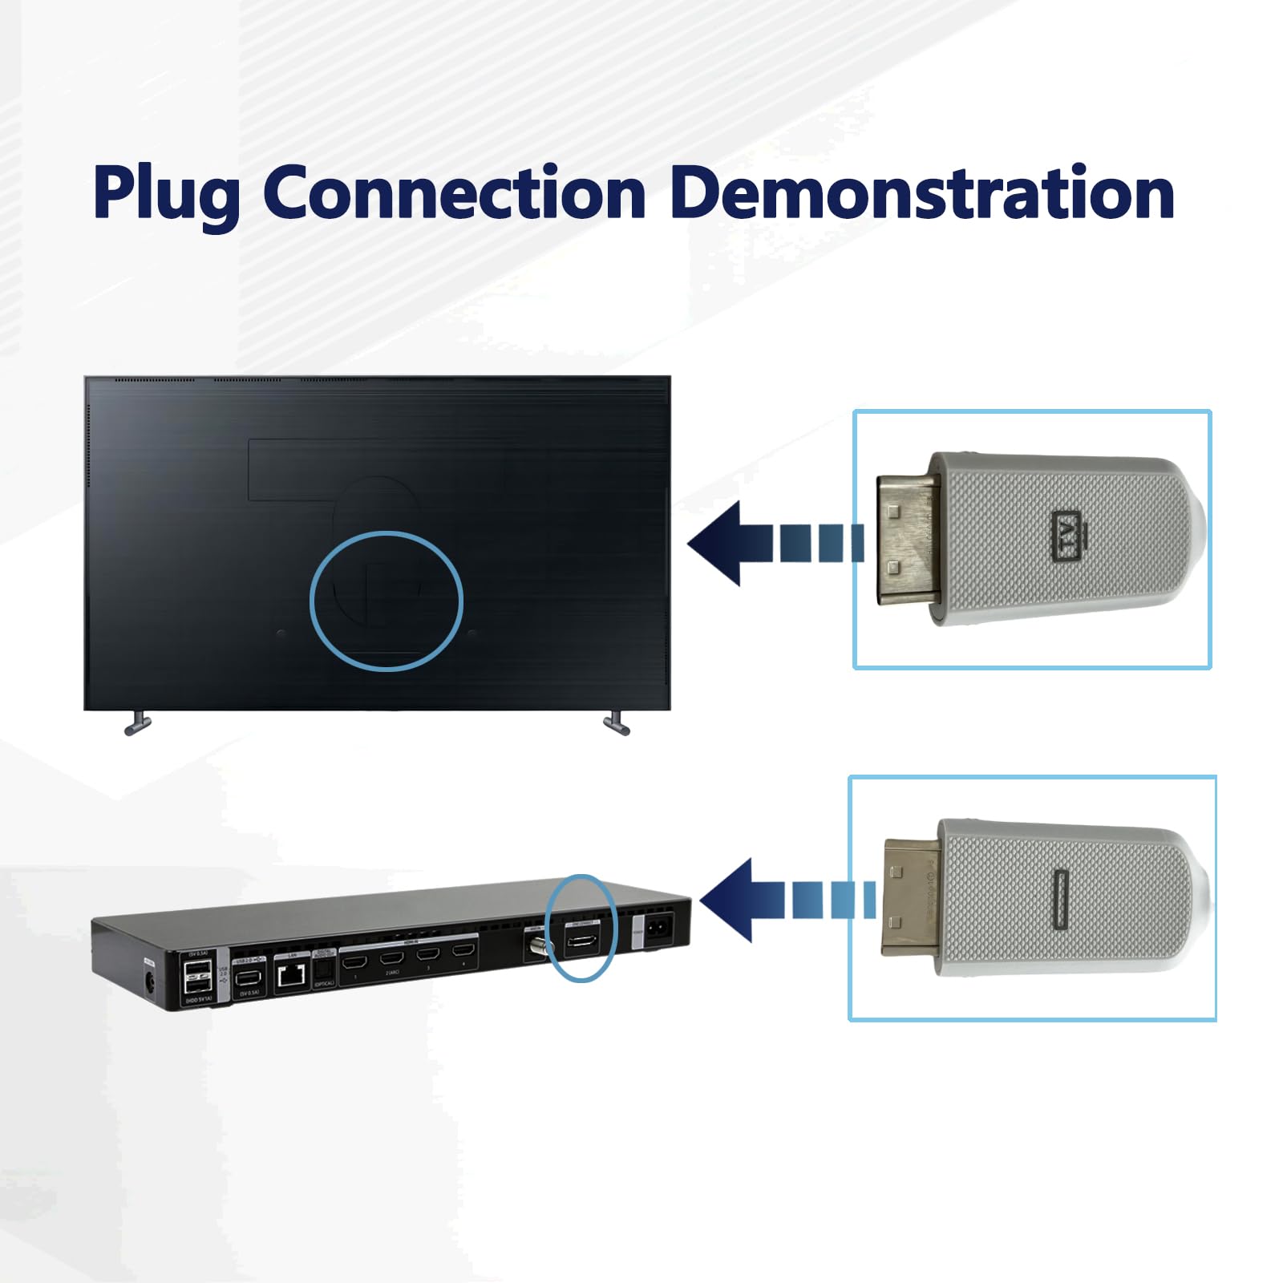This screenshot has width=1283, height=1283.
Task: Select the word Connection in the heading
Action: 454,192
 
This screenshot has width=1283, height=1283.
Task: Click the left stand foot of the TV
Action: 138,724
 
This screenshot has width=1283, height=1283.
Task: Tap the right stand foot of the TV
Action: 616,724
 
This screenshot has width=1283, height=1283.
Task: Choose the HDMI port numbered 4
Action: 463,951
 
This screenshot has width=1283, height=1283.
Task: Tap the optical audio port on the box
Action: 324,972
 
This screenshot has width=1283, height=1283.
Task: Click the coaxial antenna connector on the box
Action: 536,946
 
